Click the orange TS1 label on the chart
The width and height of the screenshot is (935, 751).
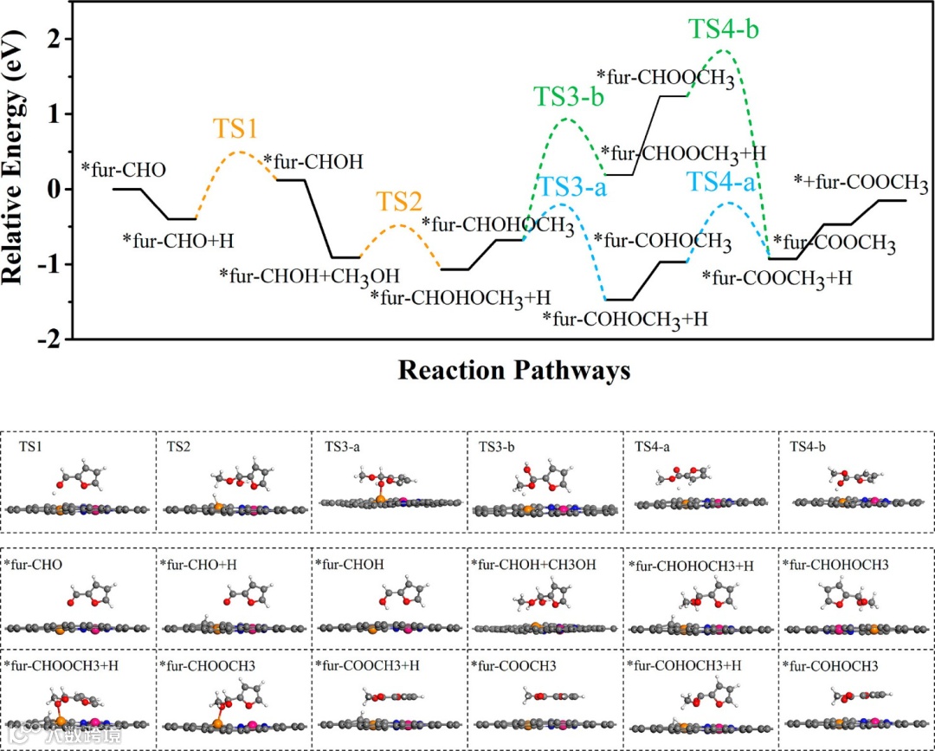point(235,129)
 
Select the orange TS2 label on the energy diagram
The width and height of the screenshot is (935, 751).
point(399,203)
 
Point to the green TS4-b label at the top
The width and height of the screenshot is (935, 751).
point(724,29)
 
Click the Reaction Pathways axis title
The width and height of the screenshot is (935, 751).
point(514,371)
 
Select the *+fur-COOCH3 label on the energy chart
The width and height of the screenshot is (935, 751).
point(861,183)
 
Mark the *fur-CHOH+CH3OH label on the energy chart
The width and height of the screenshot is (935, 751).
point(309,275)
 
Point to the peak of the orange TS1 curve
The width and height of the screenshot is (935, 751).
point(240,152)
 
